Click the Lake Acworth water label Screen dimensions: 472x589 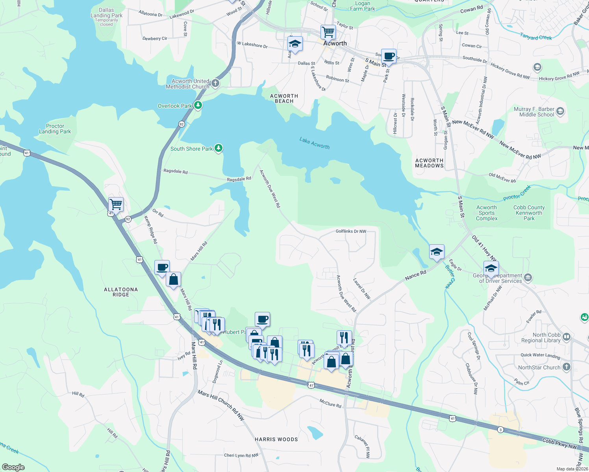click(314, 143)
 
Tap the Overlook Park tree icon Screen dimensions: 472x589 click(198, 105)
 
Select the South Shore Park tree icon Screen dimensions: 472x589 click(219, 148)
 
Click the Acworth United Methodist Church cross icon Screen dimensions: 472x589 click(215, 83)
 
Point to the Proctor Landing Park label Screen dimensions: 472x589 click(55, 129)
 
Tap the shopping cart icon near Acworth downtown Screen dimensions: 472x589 click(328, 32)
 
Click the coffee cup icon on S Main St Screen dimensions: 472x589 click(389, 56)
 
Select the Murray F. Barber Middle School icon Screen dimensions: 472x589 click(560, 112)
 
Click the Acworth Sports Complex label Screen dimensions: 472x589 click(487, 213)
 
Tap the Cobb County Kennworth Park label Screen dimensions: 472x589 click(529, 213)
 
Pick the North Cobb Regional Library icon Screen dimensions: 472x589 click(567, 337)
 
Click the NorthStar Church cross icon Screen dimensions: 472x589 click(566, 367)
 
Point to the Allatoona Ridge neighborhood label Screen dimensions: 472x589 click(121, 292)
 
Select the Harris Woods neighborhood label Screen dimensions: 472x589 click(276, 439)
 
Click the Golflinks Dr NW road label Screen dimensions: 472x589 click(351, 231)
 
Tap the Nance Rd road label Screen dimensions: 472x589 click(415, 275)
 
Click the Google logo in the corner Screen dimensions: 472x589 click(13, 467)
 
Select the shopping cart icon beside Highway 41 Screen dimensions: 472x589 click(116, 205)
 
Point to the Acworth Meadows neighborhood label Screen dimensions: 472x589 click(429, 163)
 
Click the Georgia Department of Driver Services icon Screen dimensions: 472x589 click(528, 278)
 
